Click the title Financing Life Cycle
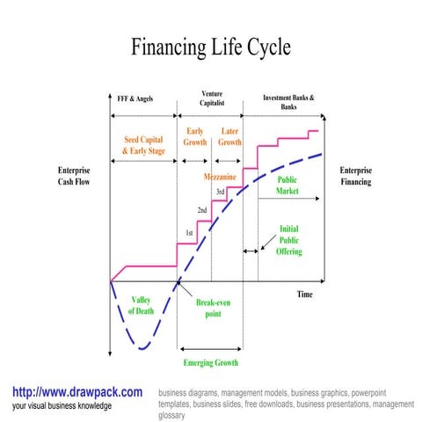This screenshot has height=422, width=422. tap(210, 47)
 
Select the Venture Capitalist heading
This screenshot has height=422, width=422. tap(211, 98)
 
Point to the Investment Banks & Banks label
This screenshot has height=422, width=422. tap(288, 102)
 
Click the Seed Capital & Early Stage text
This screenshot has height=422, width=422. tap(143, 145)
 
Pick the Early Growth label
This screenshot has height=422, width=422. tap(195, 136)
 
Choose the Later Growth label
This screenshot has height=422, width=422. tap(229, 136)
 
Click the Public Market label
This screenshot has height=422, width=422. tap(287, 185)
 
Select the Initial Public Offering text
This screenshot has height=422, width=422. tap(289, 240)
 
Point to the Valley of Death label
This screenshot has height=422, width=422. tap(141, 306)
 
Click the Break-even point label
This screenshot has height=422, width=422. tap(214, 309)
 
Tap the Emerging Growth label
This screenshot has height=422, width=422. tap(211, 362)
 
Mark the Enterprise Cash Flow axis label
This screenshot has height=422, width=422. tap(74, 176)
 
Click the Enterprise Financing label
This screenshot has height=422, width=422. tap(356, 176)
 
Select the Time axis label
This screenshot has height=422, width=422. tap(304, 295)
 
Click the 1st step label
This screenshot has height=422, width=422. tap(188, 233)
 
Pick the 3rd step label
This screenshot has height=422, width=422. tap(221, 192)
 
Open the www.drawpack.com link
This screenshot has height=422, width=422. tap(77, 391)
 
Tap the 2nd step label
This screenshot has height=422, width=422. tap(202, 211)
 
